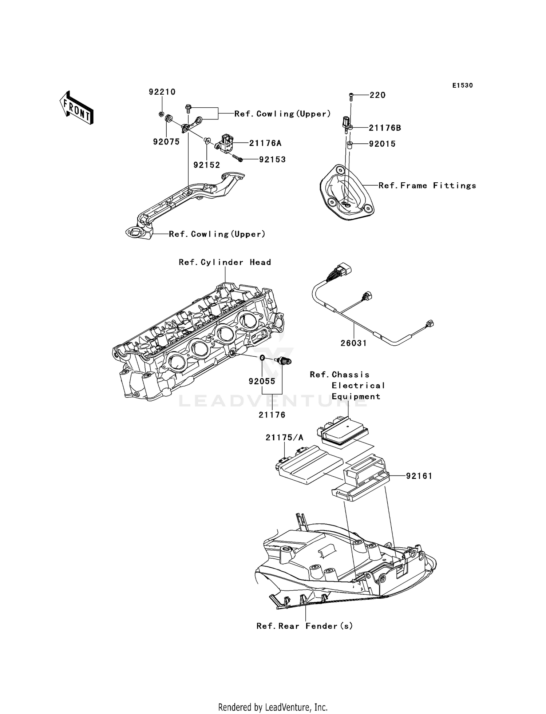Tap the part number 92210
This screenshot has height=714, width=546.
(162, 92)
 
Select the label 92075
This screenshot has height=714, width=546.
(166, 142)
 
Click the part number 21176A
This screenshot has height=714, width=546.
(265, 143)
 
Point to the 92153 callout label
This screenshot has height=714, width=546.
(272, 159)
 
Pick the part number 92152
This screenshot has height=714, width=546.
(207, 165)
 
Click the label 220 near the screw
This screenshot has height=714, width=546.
(377, 95)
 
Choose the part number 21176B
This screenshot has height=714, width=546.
(385, 128)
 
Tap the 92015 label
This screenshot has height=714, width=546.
(382, 144)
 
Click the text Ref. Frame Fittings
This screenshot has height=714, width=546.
(427, 186)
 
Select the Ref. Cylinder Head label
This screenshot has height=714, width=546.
(225, 262)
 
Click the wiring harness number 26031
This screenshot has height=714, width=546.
(354, 343)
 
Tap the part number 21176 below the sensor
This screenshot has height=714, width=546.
(272, 415)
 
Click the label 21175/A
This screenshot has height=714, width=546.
(284, 438)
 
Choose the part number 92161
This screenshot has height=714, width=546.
(419, 476)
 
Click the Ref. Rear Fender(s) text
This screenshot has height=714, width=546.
(305, 626)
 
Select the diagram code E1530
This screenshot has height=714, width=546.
(462, 86)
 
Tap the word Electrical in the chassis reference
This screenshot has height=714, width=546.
(358, 386)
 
